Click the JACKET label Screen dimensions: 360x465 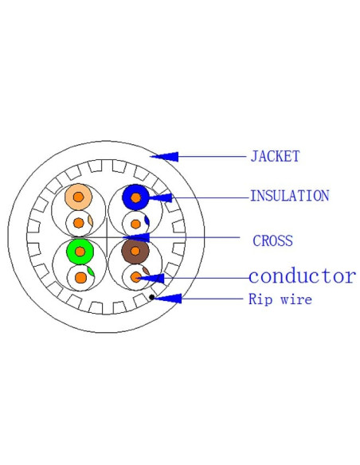[275, 156]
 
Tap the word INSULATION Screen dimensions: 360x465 [290, 196]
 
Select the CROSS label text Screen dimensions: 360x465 [273, 240]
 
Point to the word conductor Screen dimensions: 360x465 [302, 276]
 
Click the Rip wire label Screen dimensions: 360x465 [280, 299]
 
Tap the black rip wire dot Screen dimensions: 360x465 [152, 297]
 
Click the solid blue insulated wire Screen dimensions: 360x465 [135, 197]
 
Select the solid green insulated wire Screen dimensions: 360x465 [80, 252]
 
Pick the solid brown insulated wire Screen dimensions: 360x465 [135, 251]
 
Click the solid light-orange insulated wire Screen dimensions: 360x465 [78, 197]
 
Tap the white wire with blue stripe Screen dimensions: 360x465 [136, 224]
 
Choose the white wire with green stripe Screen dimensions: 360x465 [80, 278]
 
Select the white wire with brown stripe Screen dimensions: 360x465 [136, 277]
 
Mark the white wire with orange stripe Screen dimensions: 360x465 [79, 223]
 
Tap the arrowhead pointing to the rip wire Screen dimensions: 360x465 [167, 299]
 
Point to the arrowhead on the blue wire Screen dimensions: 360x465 [160, 197]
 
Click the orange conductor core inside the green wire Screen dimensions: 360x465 [80, 252]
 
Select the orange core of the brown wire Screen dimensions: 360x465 [135, 251]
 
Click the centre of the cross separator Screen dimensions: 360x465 [107, 237]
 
